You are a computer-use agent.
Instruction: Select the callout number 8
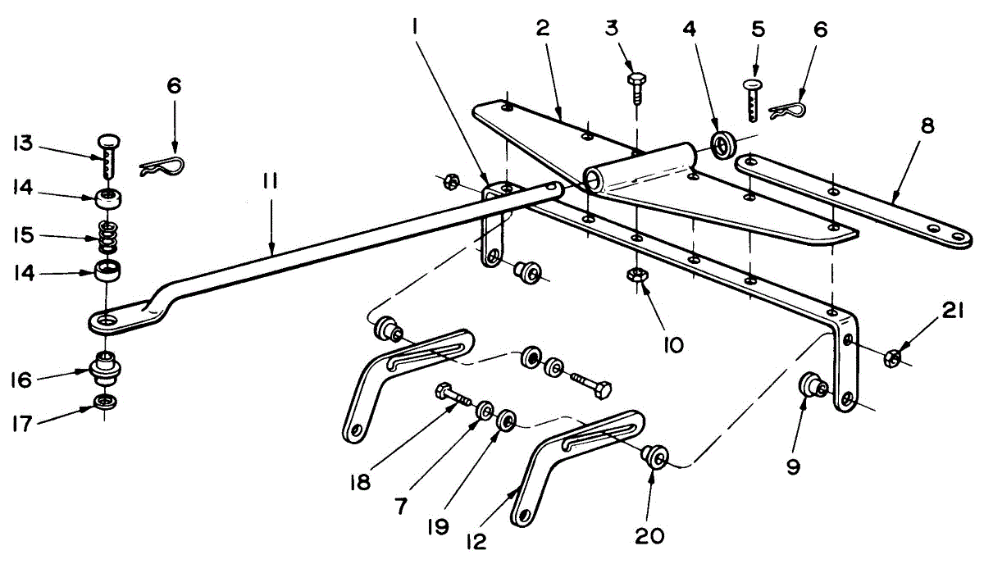(927, 128)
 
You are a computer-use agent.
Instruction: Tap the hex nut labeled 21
(895, 357)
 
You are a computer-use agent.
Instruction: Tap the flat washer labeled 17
(105, 402)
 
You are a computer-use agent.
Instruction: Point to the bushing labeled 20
(654, 457)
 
